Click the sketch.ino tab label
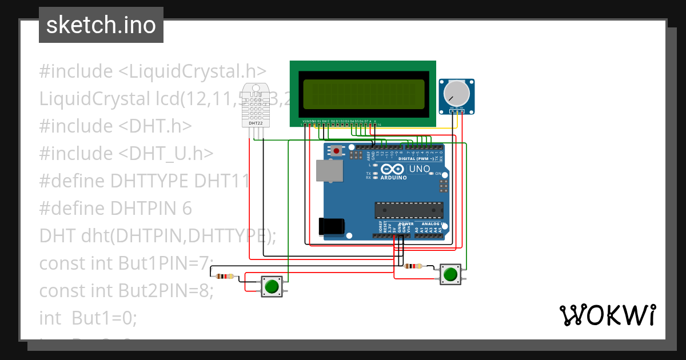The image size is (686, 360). pyautogui.click(x=101, y=25)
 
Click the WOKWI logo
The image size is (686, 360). pyautogui.click(x=607, y=315)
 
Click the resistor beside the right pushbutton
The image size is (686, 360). pyautogui.click(x=413, y=266)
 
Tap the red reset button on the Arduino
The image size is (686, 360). pyautogui.click(x=337, y=151)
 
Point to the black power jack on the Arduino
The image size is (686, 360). pyautogui.click(x=331, y=227)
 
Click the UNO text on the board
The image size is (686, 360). pyautogui.click(x=420, y=169)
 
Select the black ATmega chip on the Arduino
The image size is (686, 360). pyautogui.click(x=408, y=210)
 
